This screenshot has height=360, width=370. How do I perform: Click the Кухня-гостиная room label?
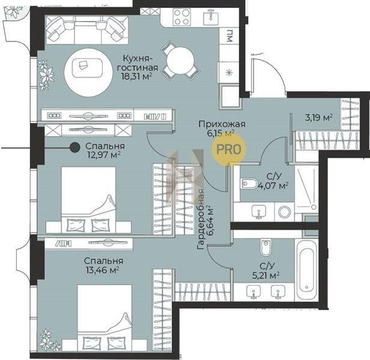138,63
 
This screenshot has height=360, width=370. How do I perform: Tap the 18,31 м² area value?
136,76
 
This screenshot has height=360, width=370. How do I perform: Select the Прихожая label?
222,124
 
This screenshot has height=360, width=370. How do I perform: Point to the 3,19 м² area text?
319,117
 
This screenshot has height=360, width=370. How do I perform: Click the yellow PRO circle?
229,149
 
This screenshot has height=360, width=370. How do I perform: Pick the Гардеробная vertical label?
201,219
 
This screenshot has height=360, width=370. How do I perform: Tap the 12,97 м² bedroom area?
104,155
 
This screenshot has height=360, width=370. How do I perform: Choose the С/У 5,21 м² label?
266,271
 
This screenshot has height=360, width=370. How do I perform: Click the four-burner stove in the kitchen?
181,17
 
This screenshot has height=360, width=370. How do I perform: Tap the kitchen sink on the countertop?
211,17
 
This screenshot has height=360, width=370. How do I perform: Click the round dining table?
181,61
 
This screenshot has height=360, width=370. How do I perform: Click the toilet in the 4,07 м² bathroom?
249,184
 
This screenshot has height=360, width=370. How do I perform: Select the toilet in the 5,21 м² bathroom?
266,248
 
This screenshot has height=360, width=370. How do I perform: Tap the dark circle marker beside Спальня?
75,148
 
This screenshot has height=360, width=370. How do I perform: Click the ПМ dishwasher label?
229,36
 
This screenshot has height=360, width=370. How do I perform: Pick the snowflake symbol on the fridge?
229,73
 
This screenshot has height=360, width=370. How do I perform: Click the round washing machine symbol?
284,212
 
